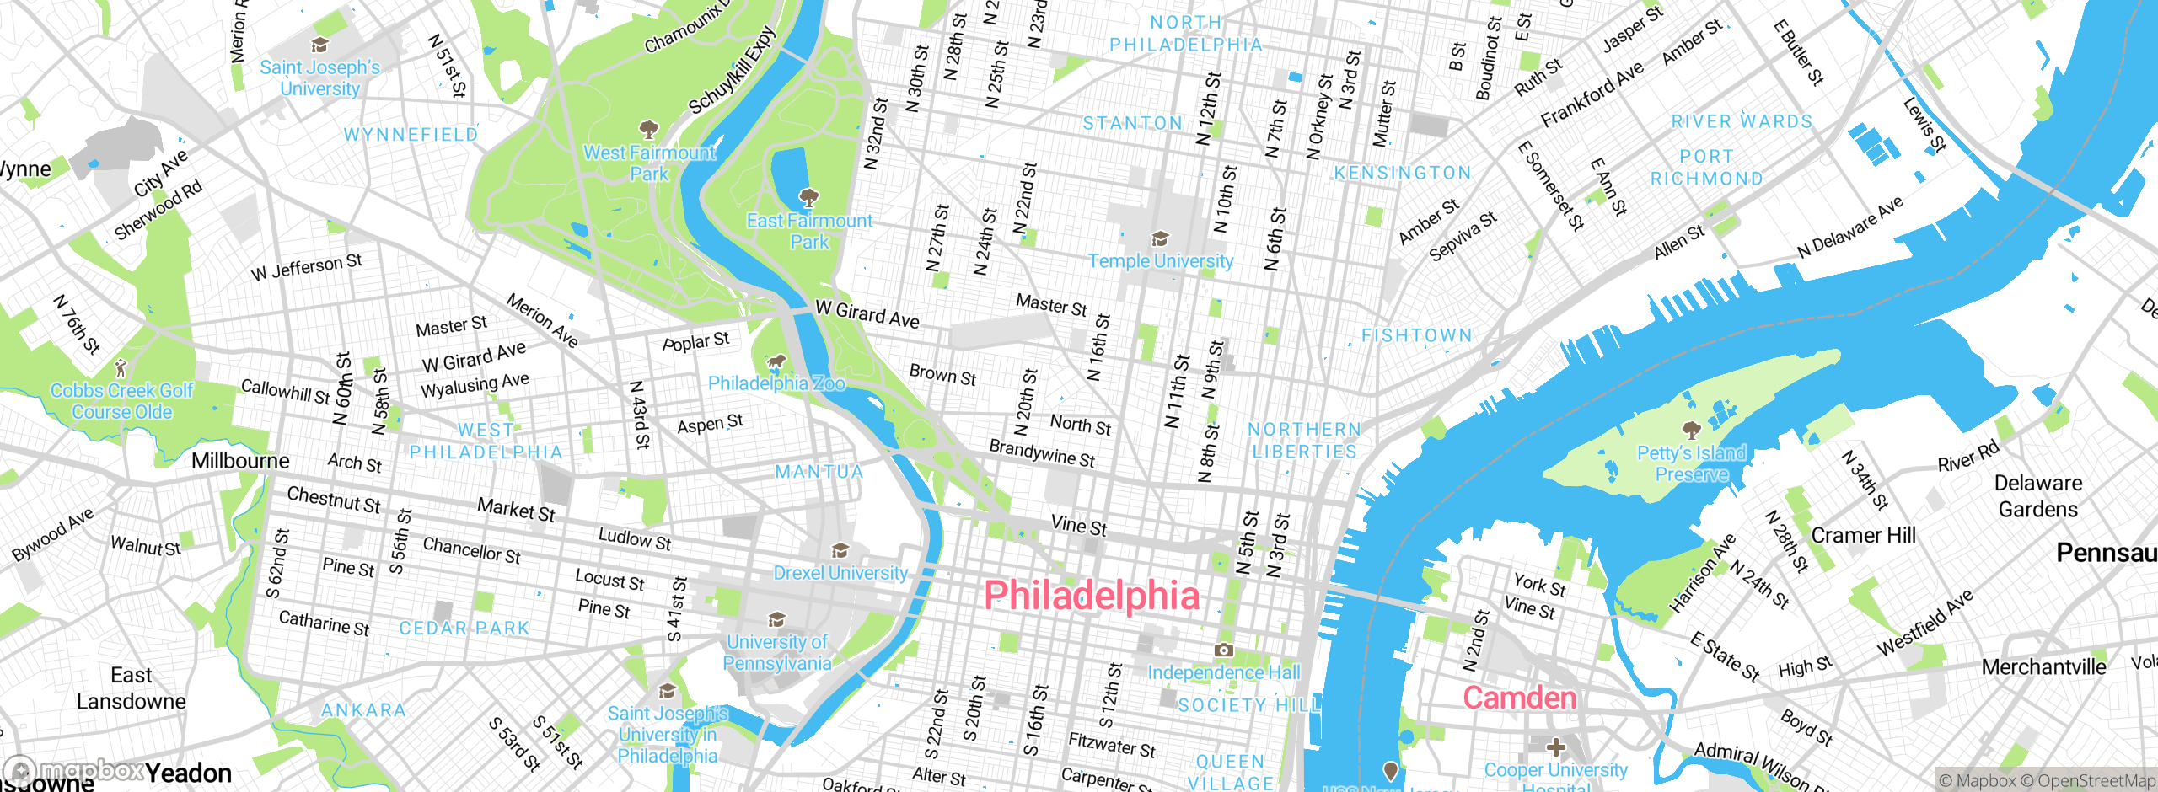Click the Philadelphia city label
pos(1092,596)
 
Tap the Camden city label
pos(1519,698)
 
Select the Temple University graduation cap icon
pos(1160,239)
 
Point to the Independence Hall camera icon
pos(1223,650)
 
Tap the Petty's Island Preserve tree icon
pos(1691,431)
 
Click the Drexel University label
pos(840,573)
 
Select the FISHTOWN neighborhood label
pos(1417,335)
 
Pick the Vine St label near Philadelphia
pos(1078,526)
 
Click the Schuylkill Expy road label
pos(732,71)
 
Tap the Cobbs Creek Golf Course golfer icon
pos(121,368)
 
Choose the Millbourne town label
pos(240,461)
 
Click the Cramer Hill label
pos(1863,535)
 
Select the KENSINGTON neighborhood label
pos(1402,173)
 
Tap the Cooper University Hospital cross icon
pos(1556,747)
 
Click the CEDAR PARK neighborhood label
pos(464,629)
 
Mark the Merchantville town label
pos(2043,667)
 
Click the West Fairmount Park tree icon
pos(648,130)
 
